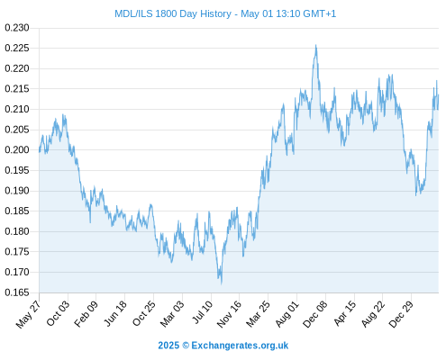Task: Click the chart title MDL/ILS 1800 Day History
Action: [173, 13]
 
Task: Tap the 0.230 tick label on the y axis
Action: [17, 28]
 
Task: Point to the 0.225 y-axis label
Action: [17, 48]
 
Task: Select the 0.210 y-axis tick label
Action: [17, 109]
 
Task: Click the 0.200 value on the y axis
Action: [17, 150]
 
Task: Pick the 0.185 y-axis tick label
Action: [17, 211]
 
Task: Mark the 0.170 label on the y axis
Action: [17, 272]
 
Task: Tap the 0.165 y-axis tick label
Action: [17, 292]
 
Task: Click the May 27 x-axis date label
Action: [28, 314]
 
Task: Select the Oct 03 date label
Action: [58, 313]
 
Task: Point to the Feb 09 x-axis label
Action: [86, 314]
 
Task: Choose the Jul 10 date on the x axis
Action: [203, 312]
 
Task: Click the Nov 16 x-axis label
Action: [229, 314]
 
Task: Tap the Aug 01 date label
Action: [287, 314]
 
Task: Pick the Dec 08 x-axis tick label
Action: [315, 314]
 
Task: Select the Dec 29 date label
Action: [401, 314]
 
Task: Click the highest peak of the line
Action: [315, 45]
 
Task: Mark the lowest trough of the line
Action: [222, 283]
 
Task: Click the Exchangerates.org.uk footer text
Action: [240, 346]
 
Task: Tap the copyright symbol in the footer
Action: [186, 346]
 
